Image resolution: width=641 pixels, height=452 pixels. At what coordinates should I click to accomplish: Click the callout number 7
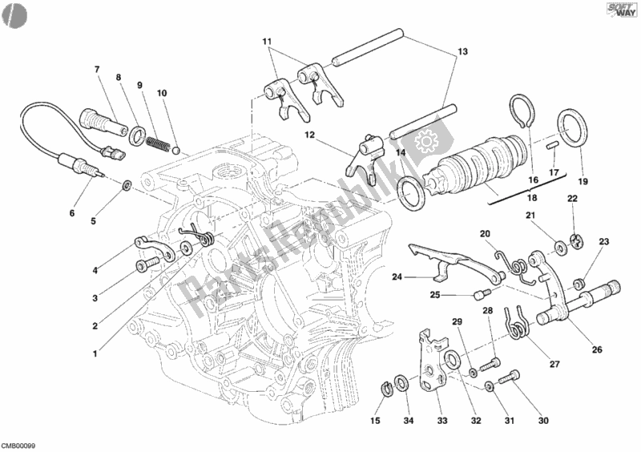(96, 68)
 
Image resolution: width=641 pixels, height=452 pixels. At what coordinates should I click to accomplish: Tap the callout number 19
(583, 181)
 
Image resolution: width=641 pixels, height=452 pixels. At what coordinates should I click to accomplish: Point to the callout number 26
(598, 349)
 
